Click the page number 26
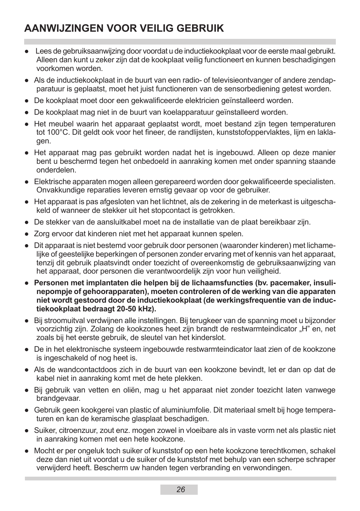[180, 490]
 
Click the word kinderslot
[209, 338]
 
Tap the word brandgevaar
[58, 399]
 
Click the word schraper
[321, 460]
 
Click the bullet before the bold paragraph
[27, 283]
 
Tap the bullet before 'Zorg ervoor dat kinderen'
[27, 234]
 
